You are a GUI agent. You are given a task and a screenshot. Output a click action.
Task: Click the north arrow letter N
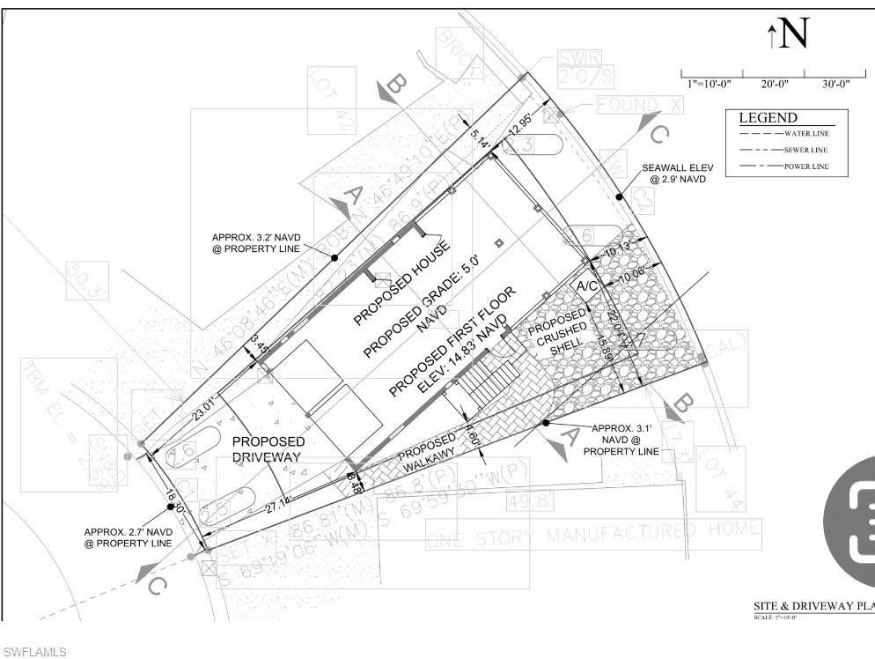coord(793,33)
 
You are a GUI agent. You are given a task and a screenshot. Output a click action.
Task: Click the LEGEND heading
coord(768,118)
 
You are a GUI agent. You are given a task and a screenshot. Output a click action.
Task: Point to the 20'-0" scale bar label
coord(775,84)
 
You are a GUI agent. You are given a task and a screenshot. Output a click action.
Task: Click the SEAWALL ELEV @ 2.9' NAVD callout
coord(677,173)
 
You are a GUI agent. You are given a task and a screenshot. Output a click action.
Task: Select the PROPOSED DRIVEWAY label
coord(268,448)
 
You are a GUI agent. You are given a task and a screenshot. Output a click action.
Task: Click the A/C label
coord(588,287)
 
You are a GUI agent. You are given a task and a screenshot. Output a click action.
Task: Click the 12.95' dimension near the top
coord(520,121)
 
